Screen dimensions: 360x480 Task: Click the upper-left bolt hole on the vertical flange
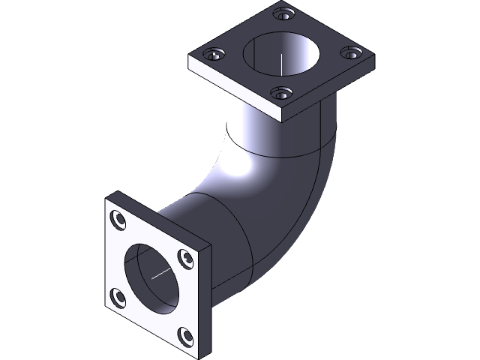[x=118, y=219]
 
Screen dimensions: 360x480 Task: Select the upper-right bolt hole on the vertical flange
[x=183, y=257]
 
